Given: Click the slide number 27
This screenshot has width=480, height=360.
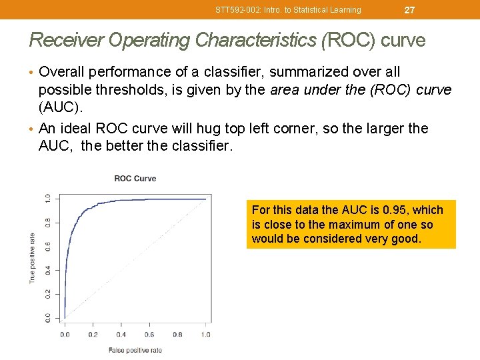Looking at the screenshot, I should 409,10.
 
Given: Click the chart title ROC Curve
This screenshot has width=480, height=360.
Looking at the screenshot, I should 135,178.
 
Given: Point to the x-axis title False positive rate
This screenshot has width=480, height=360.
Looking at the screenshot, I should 135,350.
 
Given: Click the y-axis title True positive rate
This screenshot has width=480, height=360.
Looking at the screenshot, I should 32,257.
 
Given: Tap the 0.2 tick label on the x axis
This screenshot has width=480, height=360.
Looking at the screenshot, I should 93,335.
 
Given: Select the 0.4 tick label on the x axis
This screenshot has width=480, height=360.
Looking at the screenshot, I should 121,335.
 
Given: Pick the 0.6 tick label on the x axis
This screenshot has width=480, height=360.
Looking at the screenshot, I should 149,335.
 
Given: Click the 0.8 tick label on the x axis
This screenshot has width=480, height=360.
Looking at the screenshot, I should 177,335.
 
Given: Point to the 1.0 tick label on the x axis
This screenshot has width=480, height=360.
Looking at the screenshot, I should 205,335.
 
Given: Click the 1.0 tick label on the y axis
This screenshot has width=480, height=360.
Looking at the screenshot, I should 47,199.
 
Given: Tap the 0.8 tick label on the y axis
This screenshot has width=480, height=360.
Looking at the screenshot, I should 47,223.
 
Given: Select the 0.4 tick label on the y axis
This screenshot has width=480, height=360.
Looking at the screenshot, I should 47,270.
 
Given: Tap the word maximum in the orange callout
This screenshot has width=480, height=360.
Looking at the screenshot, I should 366,225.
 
